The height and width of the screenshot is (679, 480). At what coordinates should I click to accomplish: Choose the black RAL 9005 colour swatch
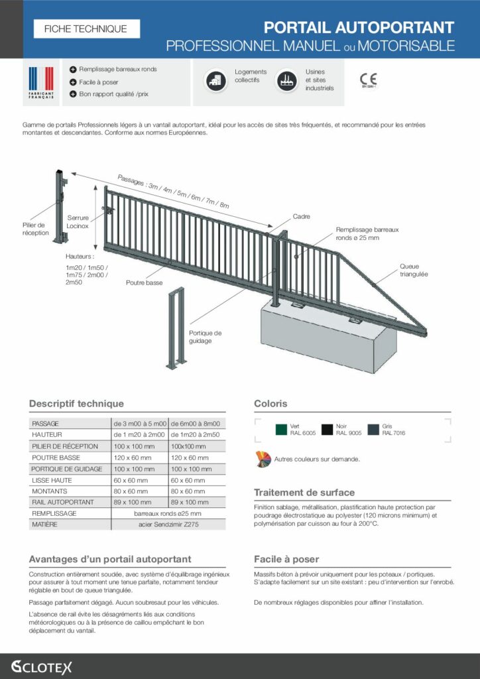pos(328,430)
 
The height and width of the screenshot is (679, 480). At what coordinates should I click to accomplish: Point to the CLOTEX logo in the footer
pos(41,666)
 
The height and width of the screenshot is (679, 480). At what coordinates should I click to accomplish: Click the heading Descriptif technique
pos(76,403)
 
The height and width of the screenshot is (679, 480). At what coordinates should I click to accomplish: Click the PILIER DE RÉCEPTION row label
pos(65,446)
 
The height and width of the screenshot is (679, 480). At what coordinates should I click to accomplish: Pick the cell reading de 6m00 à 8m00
pos(196,424)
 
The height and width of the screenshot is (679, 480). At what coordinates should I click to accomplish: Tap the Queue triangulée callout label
pos(414,270)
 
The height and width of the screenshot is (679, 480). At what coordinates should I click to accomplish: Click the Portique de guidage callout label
pos(205,337)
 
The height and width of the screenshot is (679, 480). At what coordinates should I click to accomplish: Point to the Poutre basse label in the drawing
pos(144,282)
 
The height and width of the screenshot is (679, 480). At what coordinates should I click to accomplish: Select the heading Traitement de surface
pos(304,493)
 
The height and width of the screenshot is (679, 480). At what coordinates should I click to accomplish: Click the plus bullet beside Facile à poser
pos(72,82)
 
